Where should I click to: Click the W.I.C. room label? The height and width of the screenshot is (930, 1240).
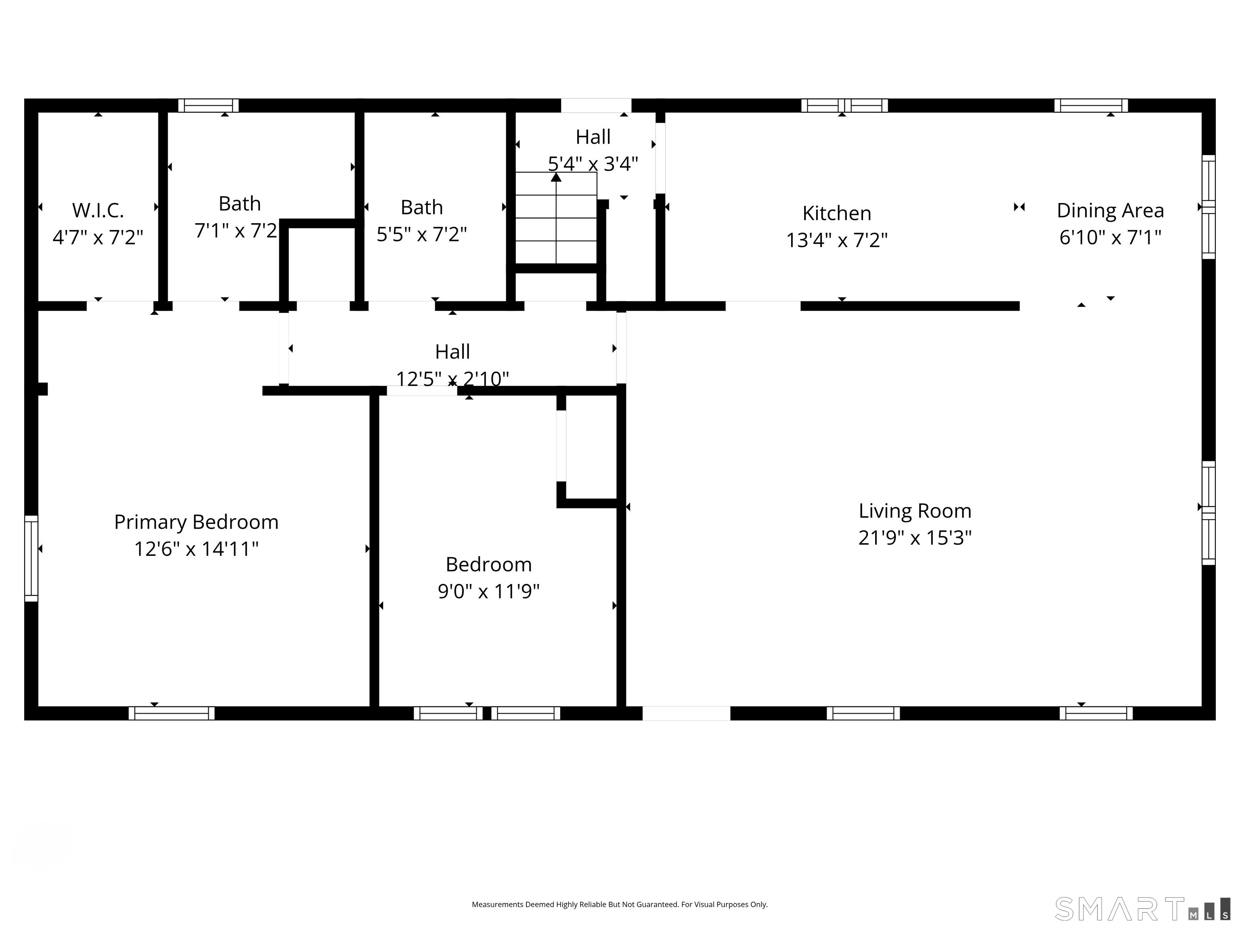point(98,211)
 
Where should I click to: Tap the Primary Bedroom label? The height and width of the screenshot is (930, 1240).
point(196,522)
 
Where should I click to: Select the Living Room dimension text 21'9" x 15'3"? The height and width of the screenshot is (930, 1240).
point(915,538)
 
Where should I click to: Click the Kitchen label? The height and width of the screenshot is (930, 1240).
point(836,214)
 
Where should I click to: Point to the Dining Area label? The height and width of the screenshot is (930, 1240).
point(1110,211)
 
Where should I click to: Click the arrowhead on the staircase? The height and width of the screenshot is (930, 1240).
point(556,177)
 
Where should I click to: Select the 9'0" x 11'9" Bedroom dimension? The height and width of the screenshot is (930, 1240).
point(489,591)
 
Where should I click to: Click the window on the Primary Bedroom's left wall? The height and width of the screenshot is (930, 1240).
point(31,558)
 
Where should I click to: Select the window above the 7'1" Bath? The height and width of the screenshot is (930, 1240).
point(209,105)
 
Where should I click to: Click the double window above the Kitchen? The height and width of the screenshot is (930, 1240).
point(844,105)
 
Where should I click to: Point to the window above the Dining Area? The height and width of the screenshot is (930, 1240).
point(1091,105)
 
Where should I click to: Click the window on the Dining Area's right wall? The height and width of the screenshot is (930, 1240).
point(1209,207)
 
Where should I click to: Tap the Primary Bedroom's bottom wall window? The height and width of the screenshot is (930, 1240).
point(172,713)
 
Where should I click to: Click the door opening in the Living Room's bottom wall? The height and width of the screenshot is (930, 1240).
point(686,713)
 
